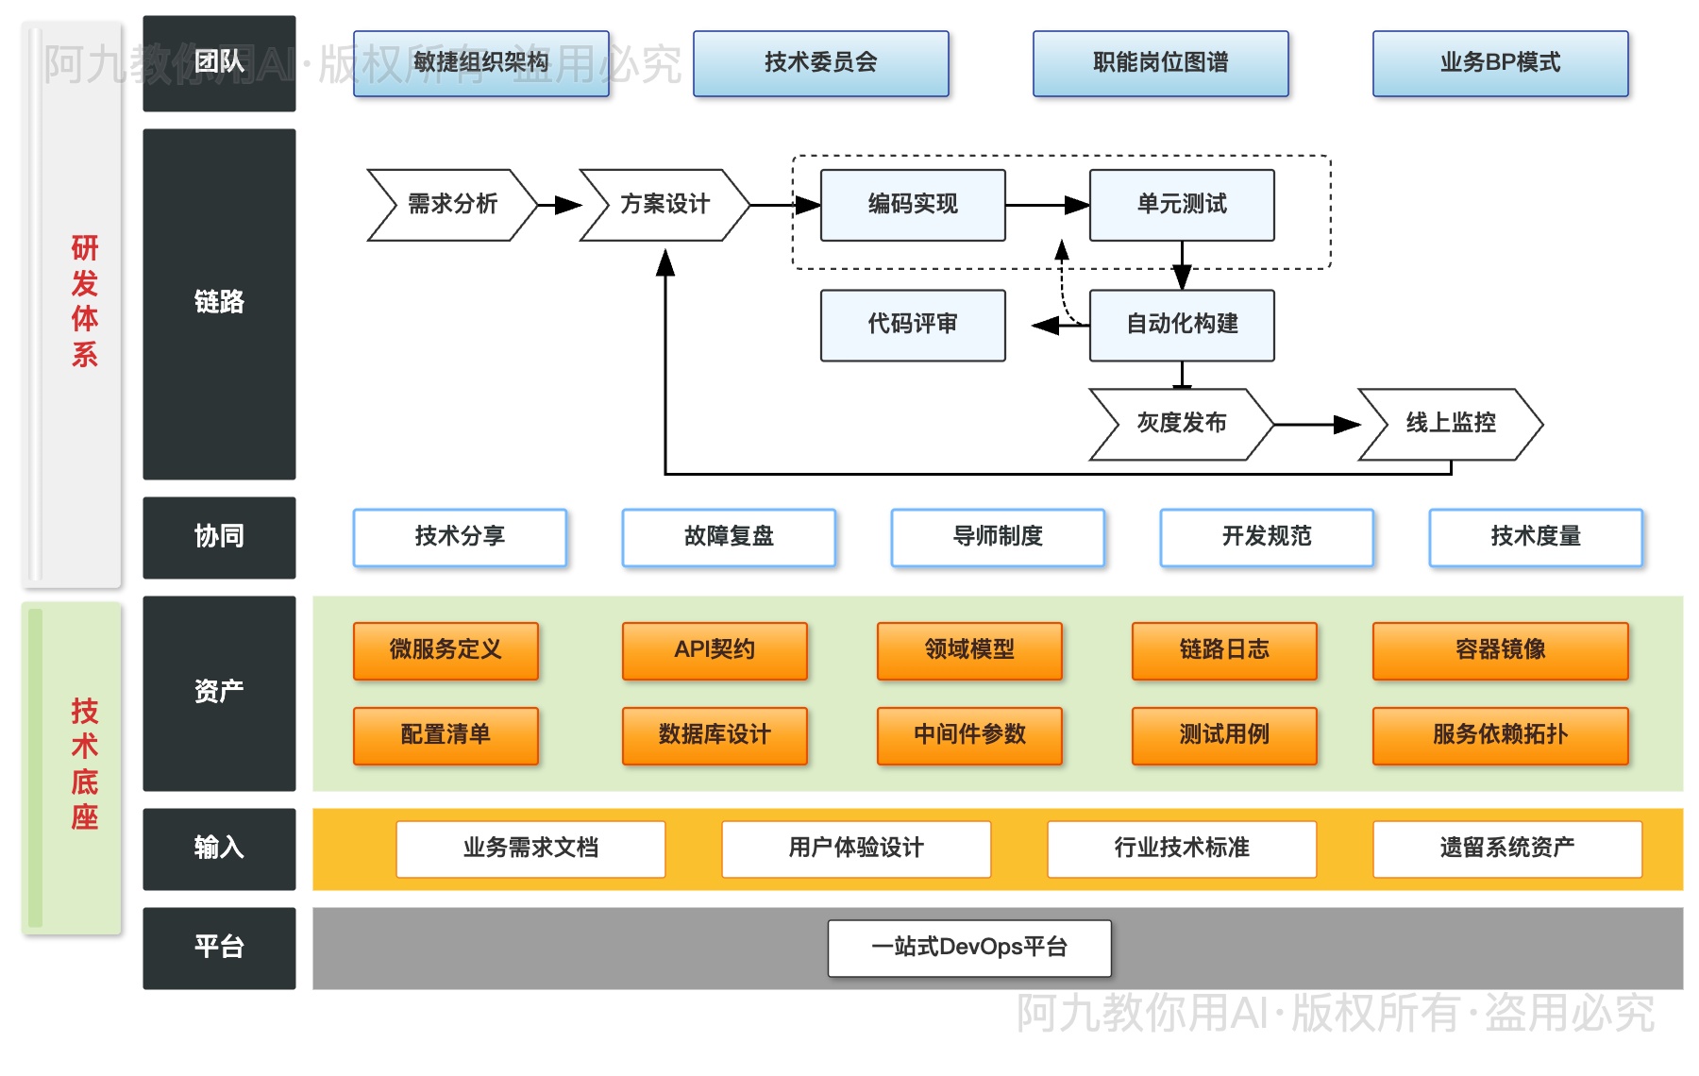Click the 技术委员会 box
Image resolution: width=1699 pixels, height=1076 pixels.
pyautogui.click(x=820, y=63)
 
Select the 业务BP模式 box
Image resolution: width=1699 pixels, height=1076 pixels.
pyautogui.click(x=1500, y=63)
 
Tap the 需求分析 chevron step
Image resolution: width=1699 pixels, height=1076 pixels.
pyautogui.click(x=452, y=205)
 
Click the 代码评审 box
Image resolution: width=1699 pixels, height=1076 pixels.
pyautogui.click(x=913, y=325)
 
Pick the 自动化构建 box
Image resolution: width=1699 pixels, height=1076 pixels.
pyautogui.click(x=1182, y=325)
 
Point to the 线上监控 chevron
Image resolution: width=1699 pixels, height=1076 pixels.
pyautogui.click(x=1450, y=424)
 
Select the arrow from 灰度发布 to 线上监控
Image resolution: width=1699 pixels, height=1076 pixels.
pyautogui.click(x=1316, y=425)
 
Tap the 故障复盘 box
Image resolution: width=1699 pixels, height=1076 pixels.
pyautogui.click(x=729, y=537)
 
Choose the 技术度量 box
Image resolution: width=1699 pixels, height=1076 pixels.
pyautogui.click(x=1536, y=537)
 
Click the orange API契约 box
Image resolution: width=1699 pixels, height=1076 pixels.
pyautogui.click(x=715, y=650)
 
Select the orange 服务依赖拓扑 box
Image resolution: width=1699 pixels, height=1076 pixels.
pyautogui.click(x=1500, y=735)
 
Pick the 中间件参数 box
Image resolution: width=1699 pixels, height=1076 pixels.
pyautogui.click(x=969, y=735)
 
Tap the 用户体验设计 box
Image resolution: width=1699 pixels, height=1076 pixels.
pyautogui.click(x=856, y=849)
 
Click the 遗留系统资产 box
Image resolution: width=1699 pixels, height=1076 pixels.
pyautogui.click(x=1507, y=849)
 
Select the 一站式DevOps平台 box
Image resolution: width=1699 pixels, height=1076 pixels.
pyautogui.click(x=969, y=948)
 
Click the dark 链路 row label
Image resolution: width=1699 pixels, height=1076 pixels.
pyautogui.click(x=219, y=303)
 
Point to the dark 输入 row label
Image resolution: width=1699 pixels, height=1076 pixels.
pyautogui.click(x=219, y=849)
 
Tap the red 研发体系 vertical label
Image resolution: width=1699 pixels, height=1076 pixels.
pyautogui.click(x=84, y=301)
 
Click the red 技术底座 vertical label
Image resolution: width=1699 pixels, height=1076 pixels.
pyautogui.click(x=84, y=764)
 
